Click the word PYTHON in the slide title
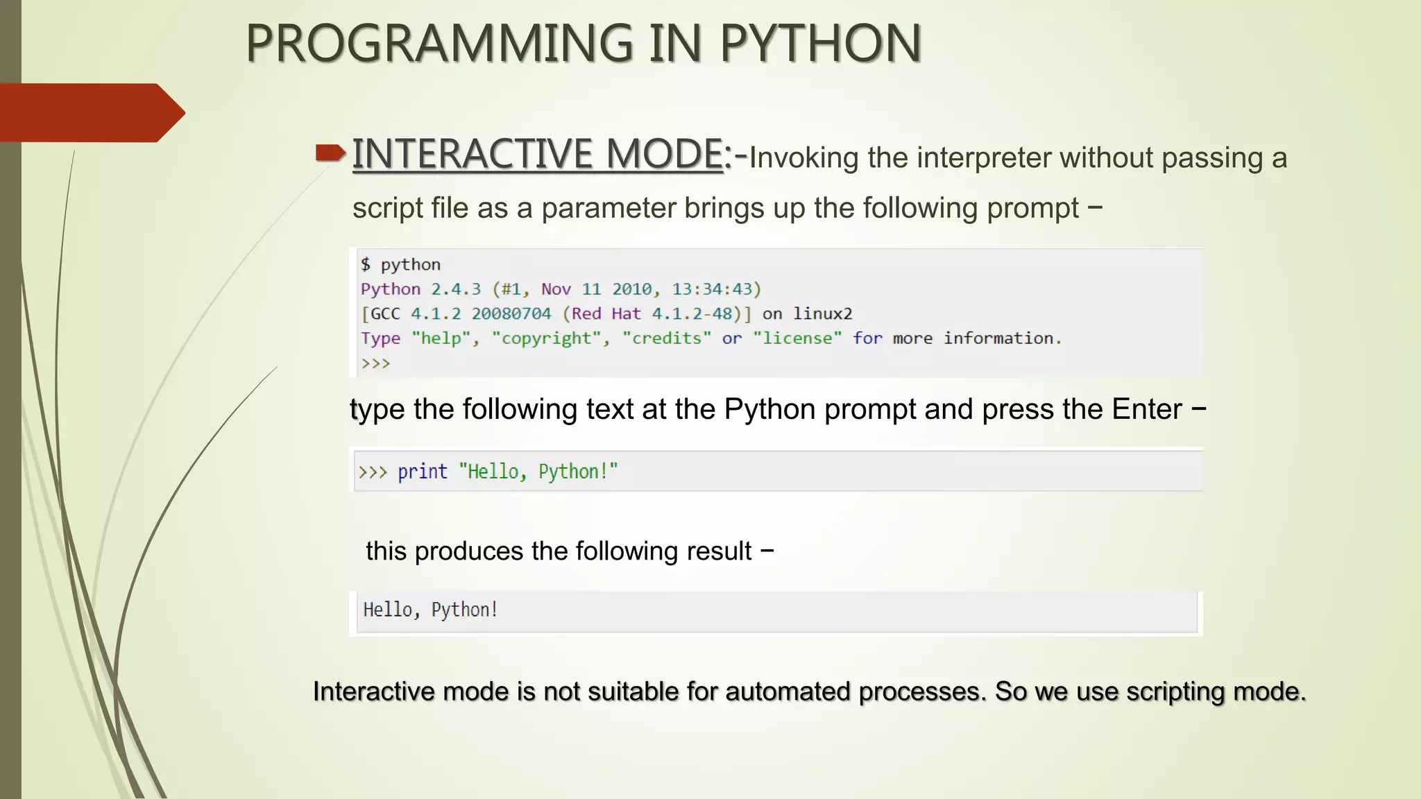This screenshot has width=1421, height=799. [820, 44]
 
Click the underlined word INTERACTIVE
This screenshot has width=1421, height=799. [473, 153]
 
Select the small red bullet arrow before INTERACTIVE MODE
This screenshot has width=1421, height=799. [330, 153]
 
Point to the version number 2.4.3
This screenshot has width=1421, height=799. [456, 289]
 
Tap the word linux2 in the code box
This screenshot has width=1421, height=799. [823, 313]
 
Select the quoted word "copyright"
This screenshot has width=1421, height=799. [547, 338]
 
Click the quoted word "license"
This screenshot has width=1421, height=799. [797, 338]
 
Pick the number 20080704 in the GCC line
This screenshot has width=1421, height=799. [511, 313]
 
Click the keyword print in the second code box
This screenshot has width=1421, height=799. [423, 472]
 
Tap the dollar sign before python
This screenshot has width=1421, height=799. [366, 264]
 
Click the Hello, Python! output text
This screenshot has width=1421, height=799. [430, 610]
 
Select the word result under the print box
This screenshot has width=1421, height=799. [719, 551]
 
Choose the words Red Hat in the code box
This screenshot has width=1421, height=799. [606, 313]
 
